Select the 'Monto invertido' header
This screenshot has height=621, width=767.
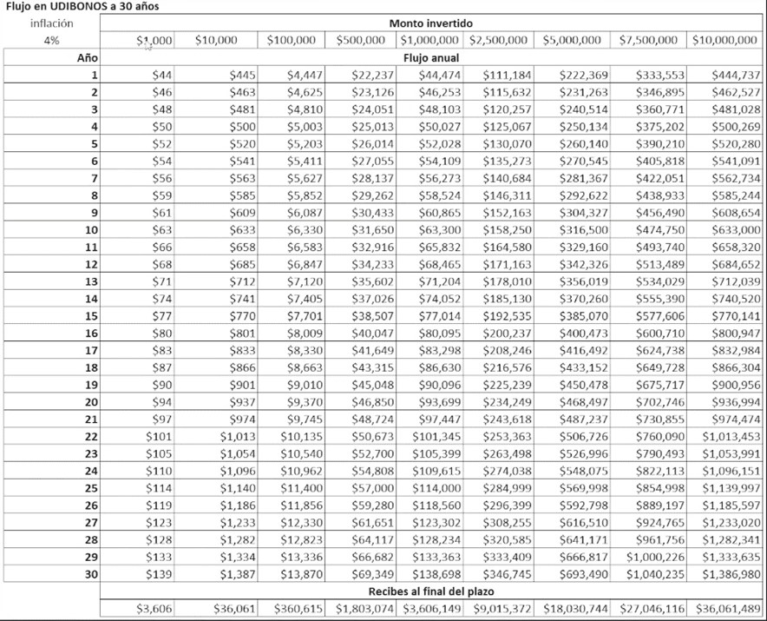click(x=433, y=23)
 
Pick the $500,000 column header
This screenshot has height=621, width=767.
click(x=360, y=40)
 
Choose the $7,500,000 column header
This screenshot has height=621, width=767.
click(x=647, y=40)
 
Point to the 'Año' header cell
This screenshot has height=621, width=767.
click(x=87, y=57)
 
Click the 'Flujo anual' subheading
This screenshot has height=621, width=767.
click(x=433, y=57)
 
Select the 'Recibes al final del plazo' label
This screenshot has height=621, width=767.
click(x=433, y=591)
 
